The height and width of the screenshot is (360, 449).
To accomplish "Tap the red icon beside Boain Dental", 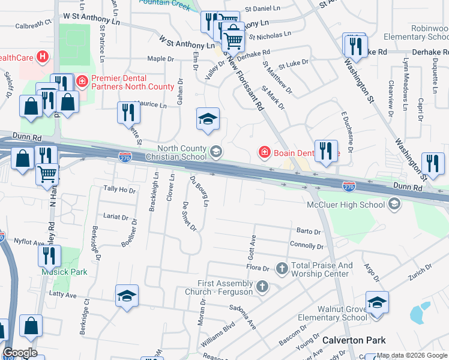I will pyautogui.click(x=264, y=152).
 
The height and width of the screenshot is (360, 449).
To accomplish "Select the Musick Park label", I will pyautogui.click(x=64, y=272).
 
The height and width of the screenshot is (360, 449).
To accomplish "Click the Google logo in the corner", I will pyautogui.click(x=20, y=353).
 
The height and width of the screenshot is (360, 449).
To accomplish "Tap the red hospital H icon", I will pyautogui.click(x=43, y=58).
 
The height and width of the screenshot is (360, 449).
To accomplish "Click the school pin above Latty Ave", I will pyautogui.click(x=127, y=295).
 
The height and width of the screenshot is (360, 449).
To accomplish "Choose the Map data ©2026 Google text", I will pyautogui.click(x=411, y=355).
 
